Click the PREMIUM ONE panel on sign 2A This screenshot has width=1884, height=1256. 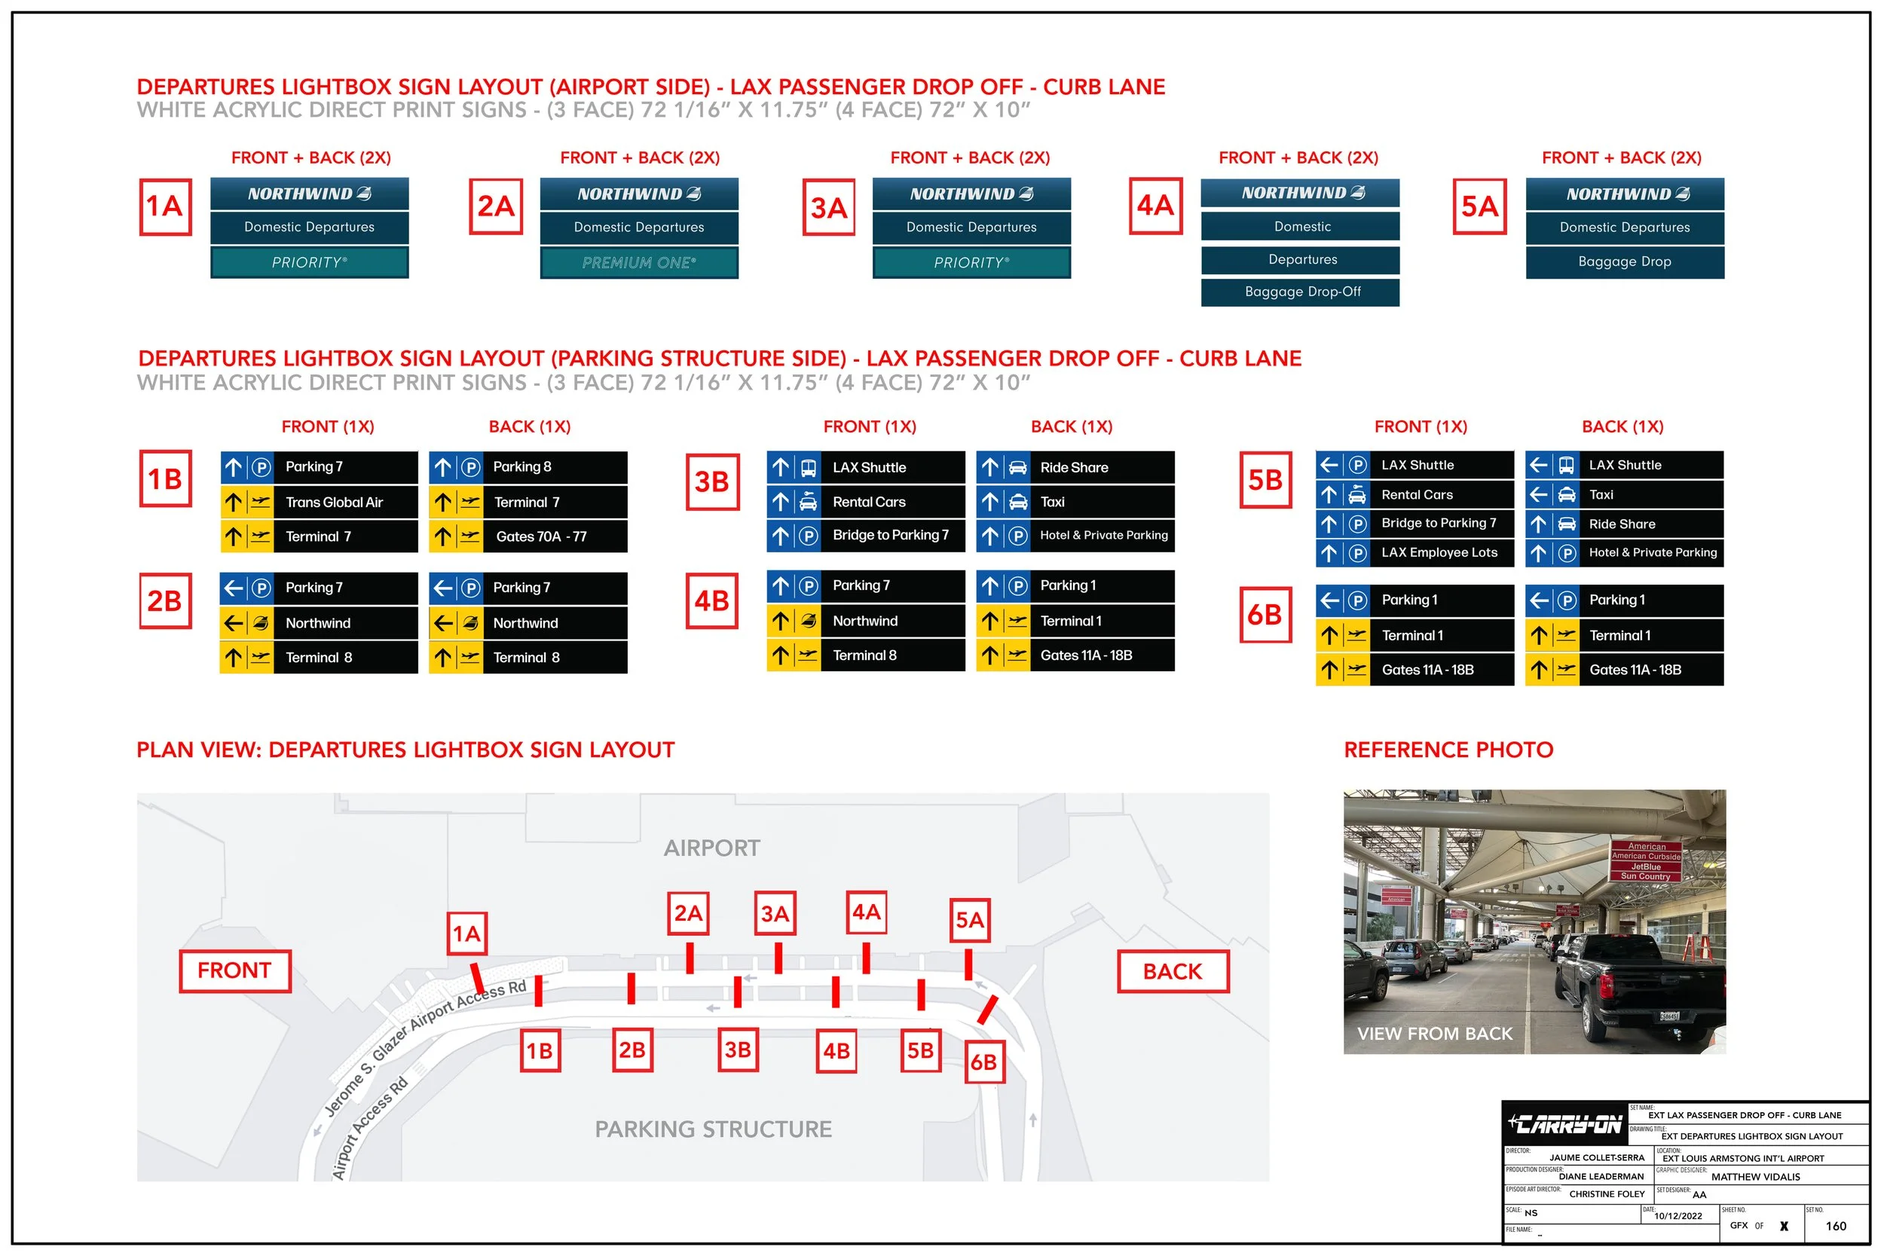pos(638,263)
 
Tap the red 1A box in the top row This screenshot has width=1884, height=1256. pos(165,206)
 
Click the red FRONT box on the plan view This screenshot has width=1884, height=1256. pos(234,971)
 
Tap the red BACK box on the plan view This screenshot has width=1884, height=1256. pos(1172,972)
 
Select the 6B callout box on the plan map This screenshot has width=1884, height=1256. pos(983,1062)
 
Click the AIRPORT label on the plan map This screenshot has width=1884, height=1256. pos(711,848)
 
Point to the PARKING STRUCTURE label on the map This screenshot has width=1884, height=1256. pos(713,1129)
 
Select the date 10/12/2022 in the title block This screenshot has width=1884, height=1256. pos(1678,1216)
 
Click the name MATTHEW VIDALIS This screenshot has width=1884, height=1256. pos(1755,1177)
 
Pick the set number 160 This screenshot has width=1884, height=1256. pos(1835,1227)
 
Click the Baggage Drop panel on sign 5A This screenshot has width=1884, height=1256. pos(1624,262)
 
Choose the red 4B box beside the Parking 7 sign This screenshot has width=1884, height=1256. pos(711,600)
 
